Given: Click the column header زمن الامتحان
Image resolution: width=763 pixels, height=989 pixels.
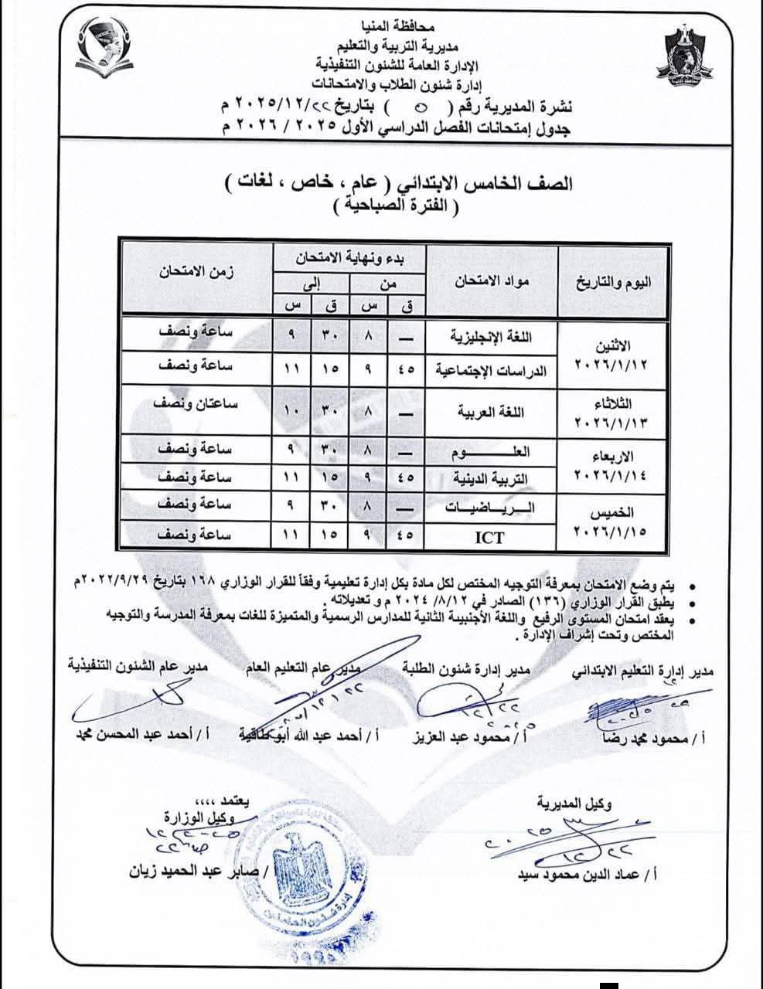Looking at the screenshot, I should point(197,272).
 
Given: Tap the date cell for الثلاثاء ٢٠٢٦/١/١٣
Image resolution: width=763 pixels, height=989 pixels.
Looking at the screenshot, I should point(611,412).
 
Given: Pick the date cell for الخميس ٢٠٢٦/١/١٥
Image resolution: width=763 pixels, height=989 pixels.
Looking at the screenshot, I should point(611,522).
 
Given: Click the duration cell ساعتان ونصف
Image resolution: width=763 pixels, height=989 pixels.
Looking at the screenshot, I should point(197,404).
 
